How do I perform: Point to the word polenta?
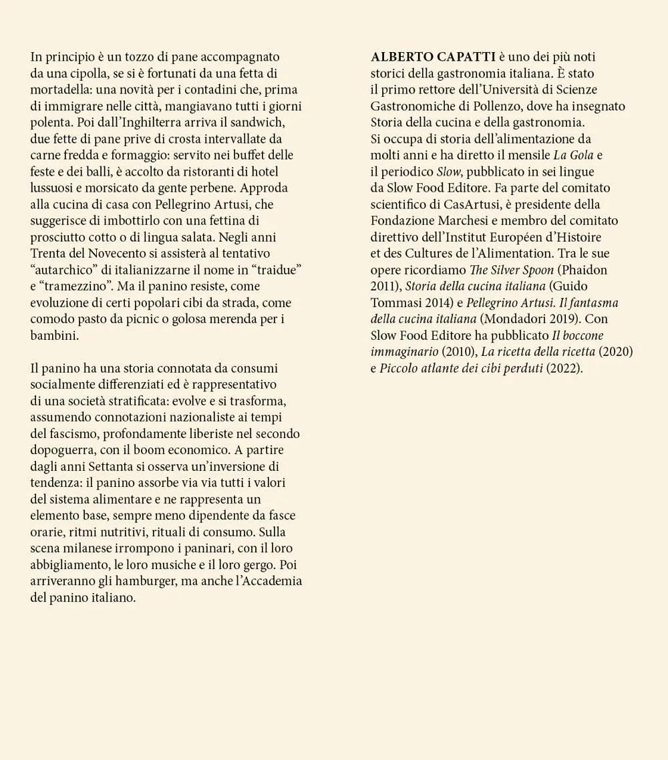pos(52,122)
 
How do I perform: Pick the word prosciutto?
pos(61,237)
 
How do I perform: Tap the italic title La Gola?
pos(574,155)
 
